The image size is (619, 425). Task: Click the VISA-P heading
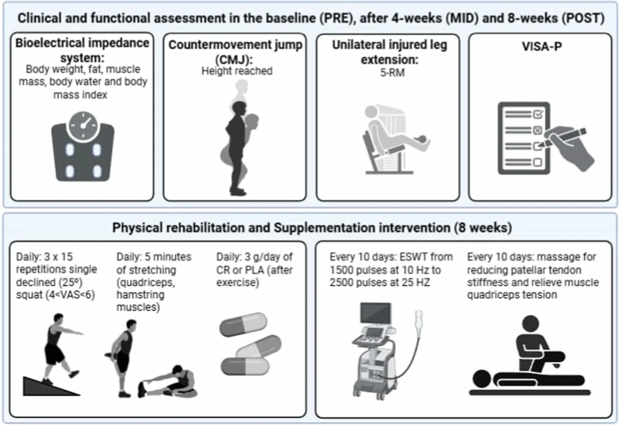point(541,46)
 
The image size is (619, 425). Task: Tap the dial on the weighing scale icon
point(83,125)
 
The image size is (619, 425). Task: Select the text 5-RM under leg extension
point(392,73)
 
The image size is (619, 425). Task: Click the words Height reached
point(237,71)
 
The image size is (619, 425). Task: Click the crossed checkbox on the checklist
point(537,130)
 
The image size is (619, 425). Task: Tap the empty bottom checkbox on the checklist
point(537,162)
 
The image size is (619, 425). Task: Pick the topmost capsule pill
point(243,325)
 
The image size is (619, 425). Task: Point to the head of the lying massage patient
point(482,379)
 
